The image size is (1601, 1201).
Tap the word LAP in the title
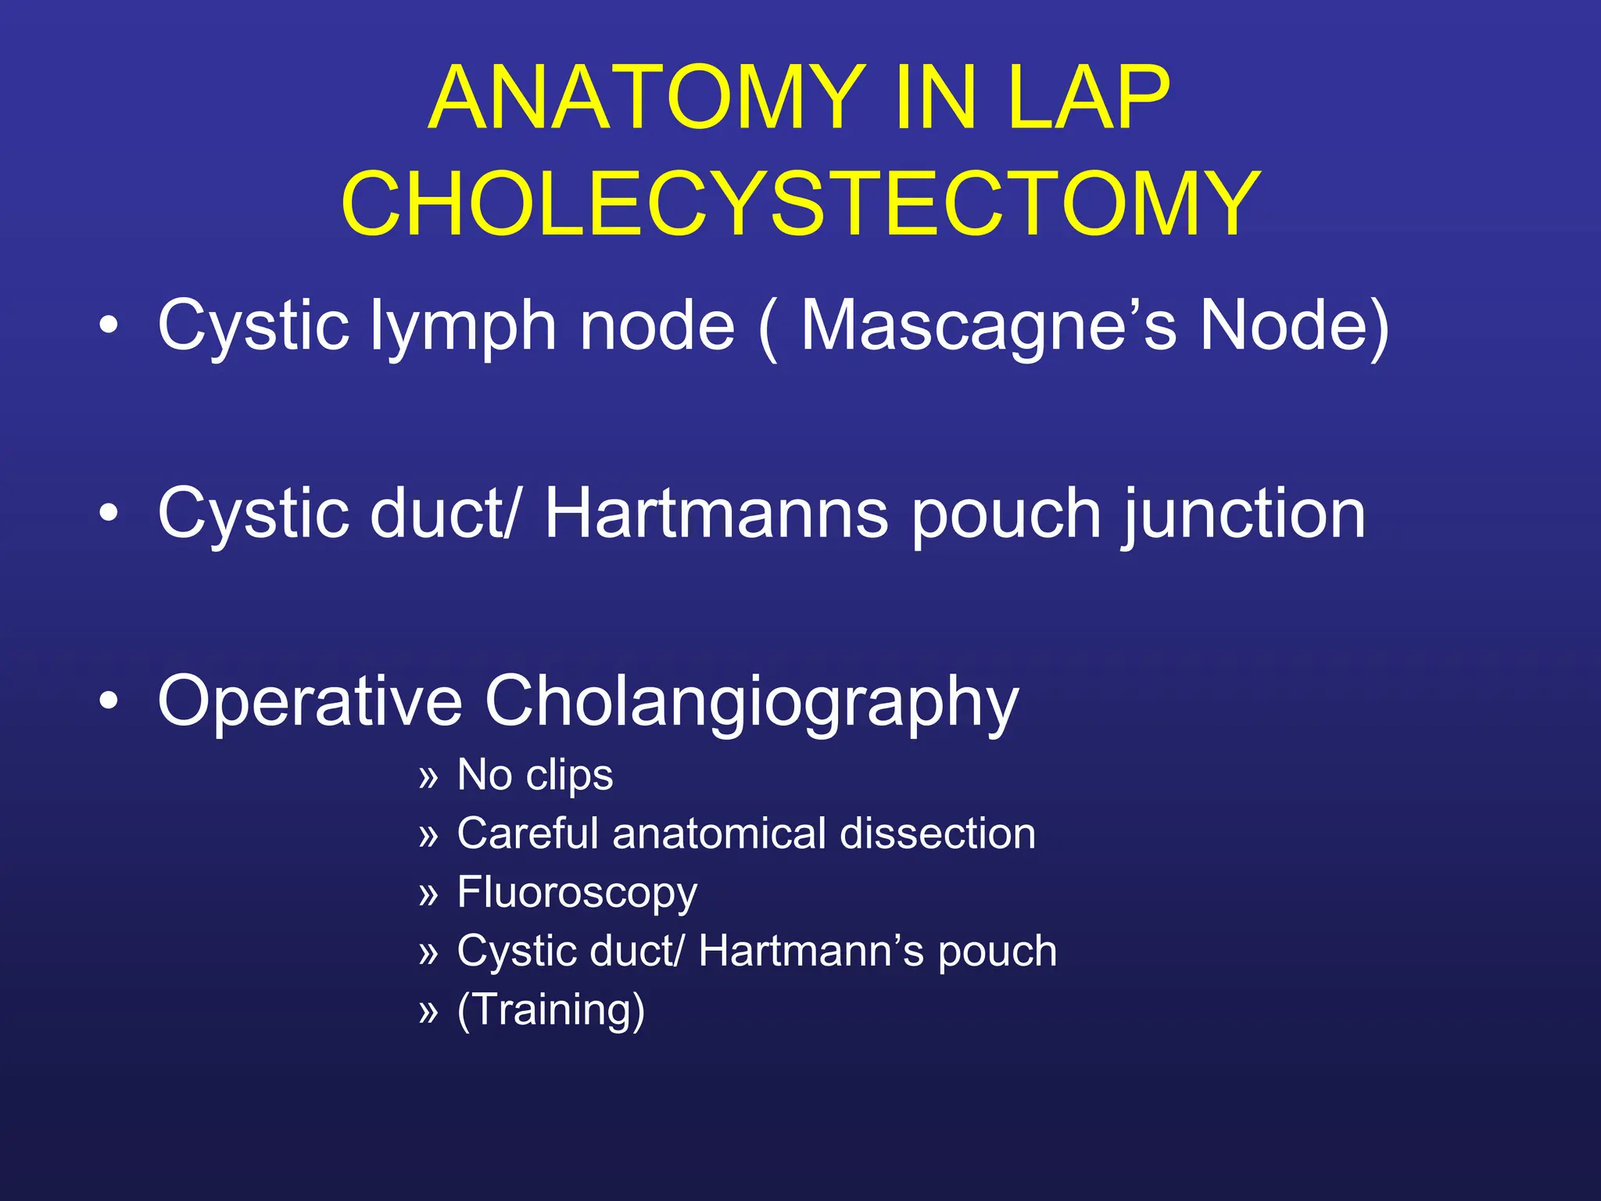[1088, 99]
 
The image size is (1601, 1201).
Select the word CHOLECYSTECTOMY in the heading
[800, 204]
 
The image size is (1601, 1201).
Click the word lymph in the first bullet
[463, 327]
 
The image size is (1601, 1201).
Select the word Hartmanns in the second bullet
[716, 514]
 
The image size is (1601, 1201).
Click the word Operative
[310, 701]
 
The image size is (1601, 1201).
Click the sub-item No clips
[535, 776]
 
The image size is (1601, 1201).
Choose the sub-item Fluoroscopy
[577, 894]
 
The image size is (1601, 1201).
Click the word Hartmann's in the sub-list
[811, 952]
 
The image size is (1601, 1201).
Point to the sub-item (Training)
[551, 1009]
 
